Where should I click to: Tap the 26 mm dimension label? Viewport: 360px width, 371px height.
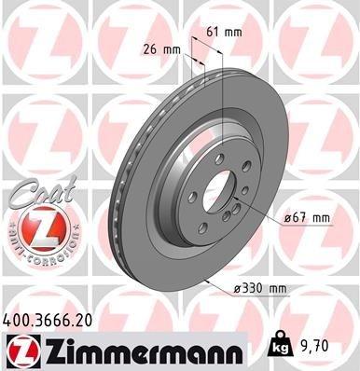pos(159,49)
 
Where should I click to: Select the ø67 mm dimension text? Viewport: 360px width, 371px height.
pos(308,217)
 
